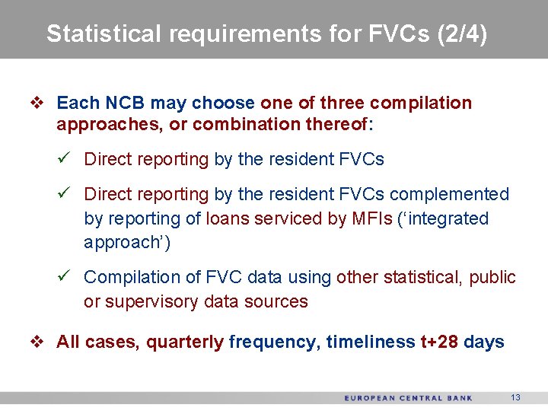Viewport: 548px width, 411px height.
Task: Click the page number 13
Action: click(x=515, y=397)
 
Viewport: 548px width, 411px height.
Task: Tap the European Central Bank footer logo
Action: click(x=408, y=398)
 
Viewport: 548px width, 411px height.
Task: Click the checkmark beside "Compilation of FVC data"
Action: click(x=65, y=277)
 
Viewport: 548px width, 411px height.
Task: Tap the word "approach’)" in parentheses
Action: click(x=127, y=243)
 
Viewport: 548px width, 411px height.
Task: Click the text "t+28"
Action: click(x=439, y=342)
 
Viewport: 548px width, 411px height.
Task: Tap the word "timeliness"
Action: click(x=371, y=342)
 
